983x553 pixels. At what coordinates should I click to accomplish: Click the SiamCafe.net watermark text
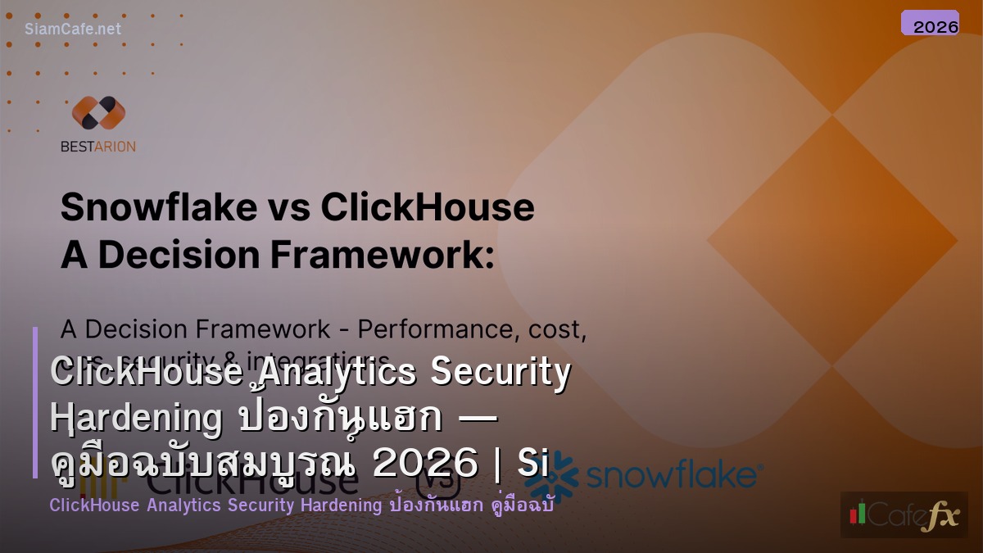(72, 29)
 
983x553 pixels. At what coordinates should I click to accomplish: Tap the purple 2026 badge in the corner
(930, 24)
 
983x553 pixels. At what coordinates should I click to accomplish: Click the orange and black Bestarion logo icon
(98, 113)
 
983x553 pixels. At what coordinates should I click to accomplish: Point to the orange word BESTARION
(98, 147)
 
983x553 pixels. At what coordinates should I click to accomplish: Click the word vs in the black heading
(288, 207)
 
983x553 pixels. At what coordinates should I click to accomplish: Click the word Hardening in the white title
(136, 419)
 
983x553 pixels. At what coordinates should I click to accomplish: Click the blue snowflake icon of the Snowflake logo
(551, 474)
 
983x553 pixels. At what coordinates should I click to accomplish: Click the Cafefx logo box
(904, 514)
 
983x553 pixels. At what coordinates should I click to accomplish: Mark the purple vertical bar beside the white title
(36, 402)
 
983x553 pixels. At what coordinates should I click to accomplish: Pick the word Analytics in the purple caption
(183, 505)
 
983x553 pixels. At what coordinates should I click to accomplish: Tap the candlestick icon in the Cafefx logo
(858, 514)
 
